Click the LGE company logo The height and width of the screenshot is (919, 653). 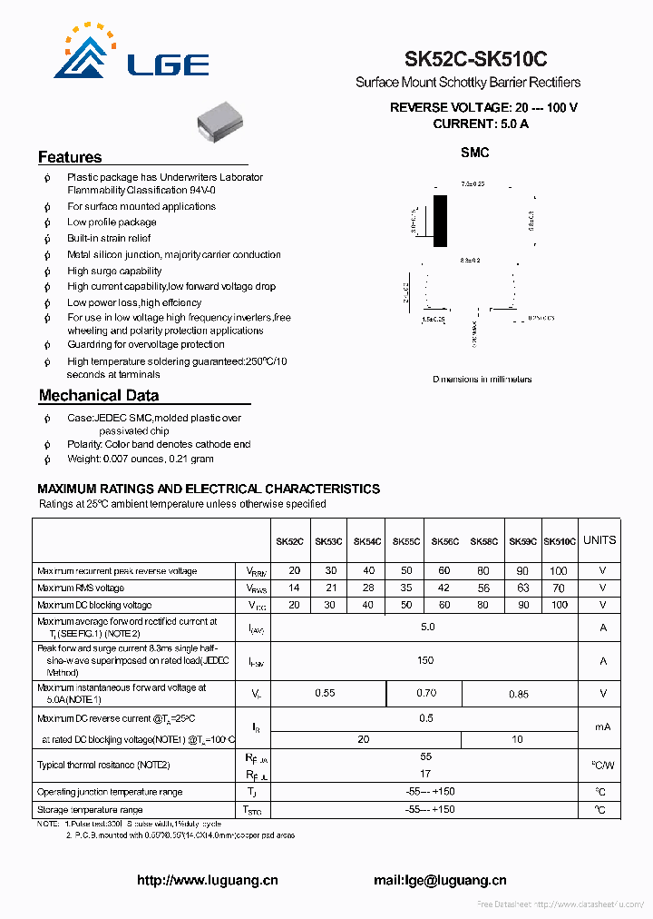[131, 54]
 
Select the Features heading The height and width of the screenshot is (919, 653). [70, 157]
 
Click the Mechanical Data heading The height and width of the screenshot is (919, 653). [99, 395]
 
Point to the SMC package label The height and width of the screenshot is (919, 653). [474, 153]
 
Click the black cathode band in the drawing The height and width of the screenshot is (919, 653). [440, 219]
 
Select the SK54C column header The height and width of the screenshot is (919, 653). [367, 541]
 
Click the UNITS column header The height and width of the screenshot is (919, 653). [599, 540]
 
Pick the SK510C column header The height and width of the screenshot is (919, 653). [559, 541]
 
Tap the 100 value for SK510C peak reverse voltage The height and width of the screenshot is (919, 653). [559, 571]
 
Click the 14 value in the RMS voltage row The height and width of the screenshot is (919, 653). [294, 588]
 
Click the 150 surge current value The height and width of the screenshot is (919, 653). [425, 660]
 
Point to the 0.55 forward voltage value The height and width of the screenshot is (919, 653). [325, 693]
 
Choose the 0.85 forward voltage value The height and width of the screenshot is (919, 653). [519, 693]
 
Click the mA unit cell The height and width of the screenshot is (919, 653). [602, 727]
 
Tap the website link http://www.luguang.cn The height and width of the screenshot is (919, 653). [207, 880]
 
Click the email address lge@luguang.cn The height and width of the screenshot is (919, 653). [440, 880]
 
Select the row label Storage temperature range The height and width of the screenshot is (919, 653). [90, 809]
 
